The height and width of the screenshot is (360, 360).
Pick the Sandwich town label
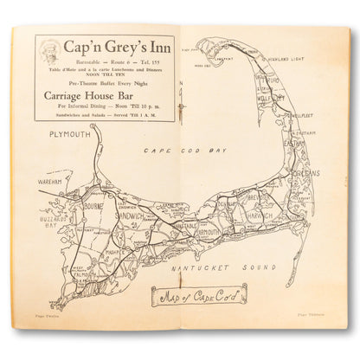132,210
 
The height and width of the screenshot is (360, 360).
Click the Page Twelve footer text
42,332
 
